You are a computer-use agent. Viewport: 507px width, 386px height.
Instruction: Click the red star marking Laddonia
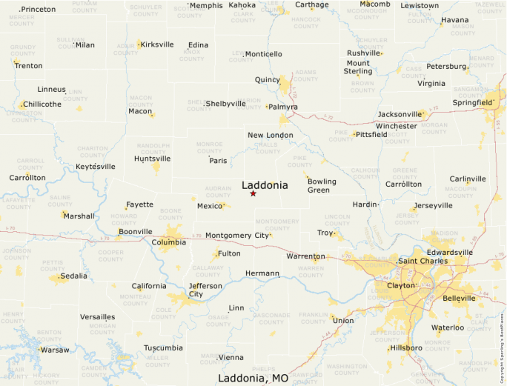[253, 193]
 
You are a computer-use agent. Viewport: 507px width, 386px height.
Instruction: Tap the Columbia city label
[168, 242]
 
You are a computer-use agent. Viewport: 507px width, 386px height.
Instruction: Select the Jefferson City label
[196, 290]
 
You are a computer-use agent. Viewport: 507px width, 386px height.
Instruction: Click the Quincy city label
[267, 79]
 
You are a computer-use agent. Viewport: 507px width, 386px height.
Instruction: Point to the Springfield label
[472, 103]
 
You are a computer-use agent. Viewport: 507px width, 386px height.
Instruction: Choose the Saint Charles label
[423, 261]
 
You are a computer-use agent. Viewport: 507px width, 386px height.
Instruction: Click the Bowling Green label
[322, 185]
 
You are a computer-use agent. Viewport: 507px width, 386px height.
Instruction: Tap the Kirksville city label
[156, 44]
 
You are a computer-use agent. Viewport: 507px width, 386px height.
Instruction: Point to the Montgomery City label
[237, 236]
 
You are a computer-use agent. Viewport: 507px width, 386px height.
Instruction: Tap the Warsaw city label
[54, 350]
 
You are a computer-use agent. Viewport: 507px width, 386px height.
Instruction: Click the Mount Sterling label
[358, 67]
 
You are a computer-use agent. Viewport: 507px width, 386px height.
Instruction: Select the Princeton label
[38, 10]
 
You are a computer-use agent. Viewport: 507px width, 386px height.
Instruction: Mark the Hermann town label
[262, 273]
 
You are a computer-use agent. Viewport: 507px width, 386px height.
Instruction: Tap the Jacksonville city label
[399, 114]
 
